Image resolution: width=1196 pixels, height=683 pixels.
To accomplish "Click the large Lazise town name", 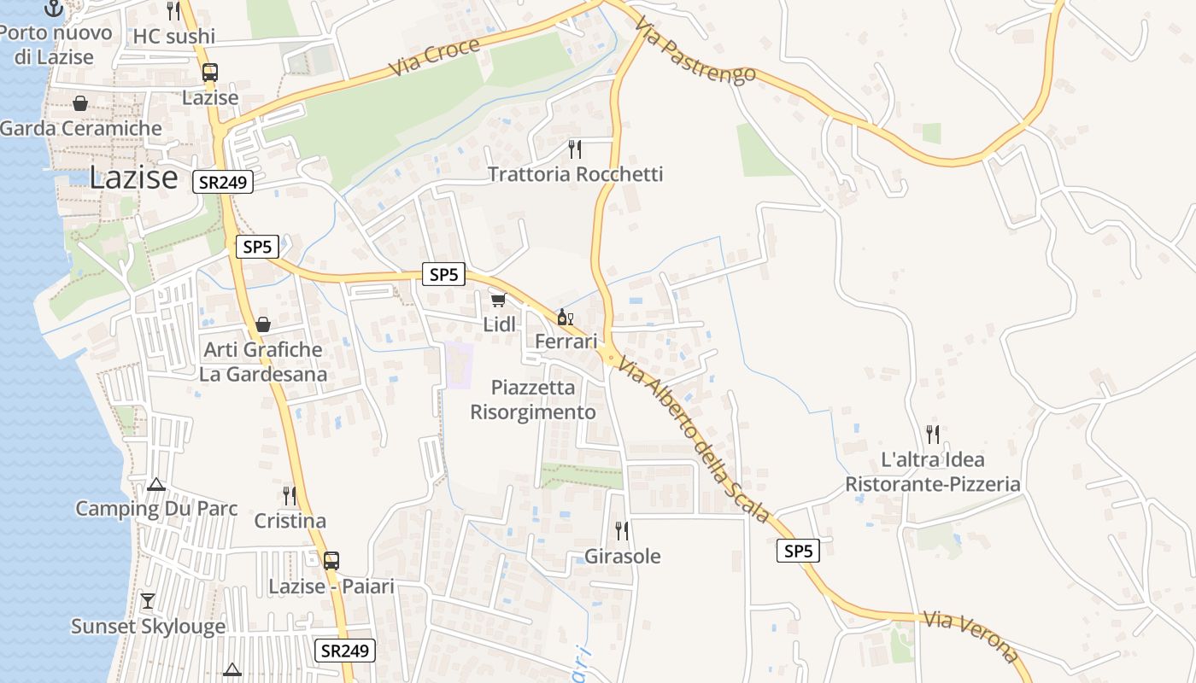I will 133,178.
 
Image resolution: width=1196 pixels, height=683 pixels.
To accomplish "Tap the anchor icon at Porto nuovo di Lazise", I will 54,8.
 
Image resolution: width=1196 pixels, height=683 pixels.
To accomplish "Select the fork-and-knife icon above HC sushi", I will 173,10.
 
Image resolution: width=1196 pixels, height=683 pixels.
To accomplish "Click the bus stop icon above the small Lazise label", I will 210,73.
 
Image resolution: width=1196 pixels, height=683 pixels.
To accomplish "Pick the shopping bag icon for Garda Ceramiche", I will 79,103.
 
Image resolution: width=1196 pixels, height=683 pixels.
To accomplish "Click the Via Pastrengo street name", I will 695,50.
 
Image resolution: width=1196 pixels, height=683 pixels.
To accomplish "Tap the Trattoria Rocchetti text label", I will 575,174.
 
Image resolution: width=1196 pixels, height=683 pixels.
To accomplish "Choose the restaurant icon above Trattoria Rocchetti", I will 575,149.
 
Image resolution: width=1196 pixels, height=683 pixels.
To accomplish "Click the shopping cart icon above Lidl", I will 499,300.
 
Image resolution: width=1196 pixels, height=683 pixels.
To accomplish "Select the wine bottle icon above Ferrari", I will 565,318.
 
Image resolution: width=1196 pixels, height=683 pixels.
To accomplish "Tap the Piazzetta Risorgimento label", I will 533,400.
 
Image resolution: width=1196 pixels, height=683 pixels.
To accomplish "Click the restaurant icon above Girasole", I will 622,531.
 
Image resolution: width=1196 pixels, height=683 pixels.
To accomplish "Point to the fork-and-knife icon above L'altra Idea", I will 933,435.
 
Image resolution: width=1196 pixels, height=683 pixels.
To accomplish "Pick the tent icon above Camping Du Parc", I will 155,485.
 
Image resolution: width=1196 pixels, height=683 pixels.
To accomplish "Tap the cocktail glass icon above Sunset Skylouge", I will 148,601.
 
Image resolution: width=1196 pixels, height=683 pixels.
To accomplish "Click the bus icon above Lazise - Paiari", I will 331,561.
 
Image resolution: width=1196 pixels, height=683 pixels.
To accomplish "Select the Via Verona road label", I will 971,636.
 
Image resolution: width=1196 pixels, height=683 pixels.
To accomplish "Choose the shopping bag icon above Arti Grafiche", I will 263,324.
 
